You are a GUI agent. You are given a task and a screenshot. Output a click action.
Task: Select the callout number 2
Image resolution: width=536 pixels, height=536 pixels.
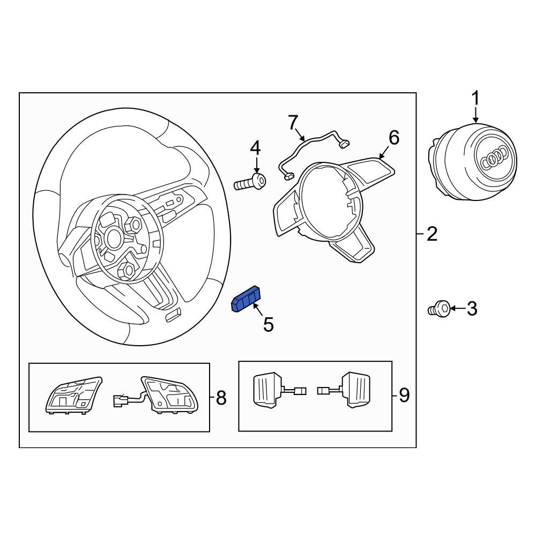(432, 234)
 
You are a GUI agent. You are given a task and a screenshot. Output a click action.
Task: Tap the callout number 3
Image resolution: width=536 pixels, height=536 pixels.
(471, 309)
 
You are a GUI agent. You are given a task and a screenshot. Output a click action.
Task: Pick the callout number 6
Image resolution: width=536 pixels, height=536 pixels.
(393, 138)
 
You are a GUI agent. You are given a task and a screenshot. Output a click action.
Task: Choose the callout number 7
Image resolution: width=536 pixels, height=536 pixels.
(293, 123)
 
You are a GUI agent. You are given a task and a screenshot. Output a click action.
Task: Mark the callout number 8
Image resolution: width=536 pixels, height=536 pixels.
(220, 398)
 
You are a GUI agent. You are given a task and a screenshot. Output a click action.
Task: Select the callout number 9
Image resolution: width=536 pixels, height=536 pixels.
(404, 396)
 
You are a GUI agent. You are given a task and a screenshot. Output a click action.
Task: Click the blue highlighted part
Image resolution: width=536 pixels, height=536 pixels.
(245, 299)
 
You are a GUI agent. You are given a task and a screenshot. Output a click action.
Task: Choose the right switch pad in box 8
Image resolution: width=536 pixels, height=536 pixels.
(167, 394)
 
